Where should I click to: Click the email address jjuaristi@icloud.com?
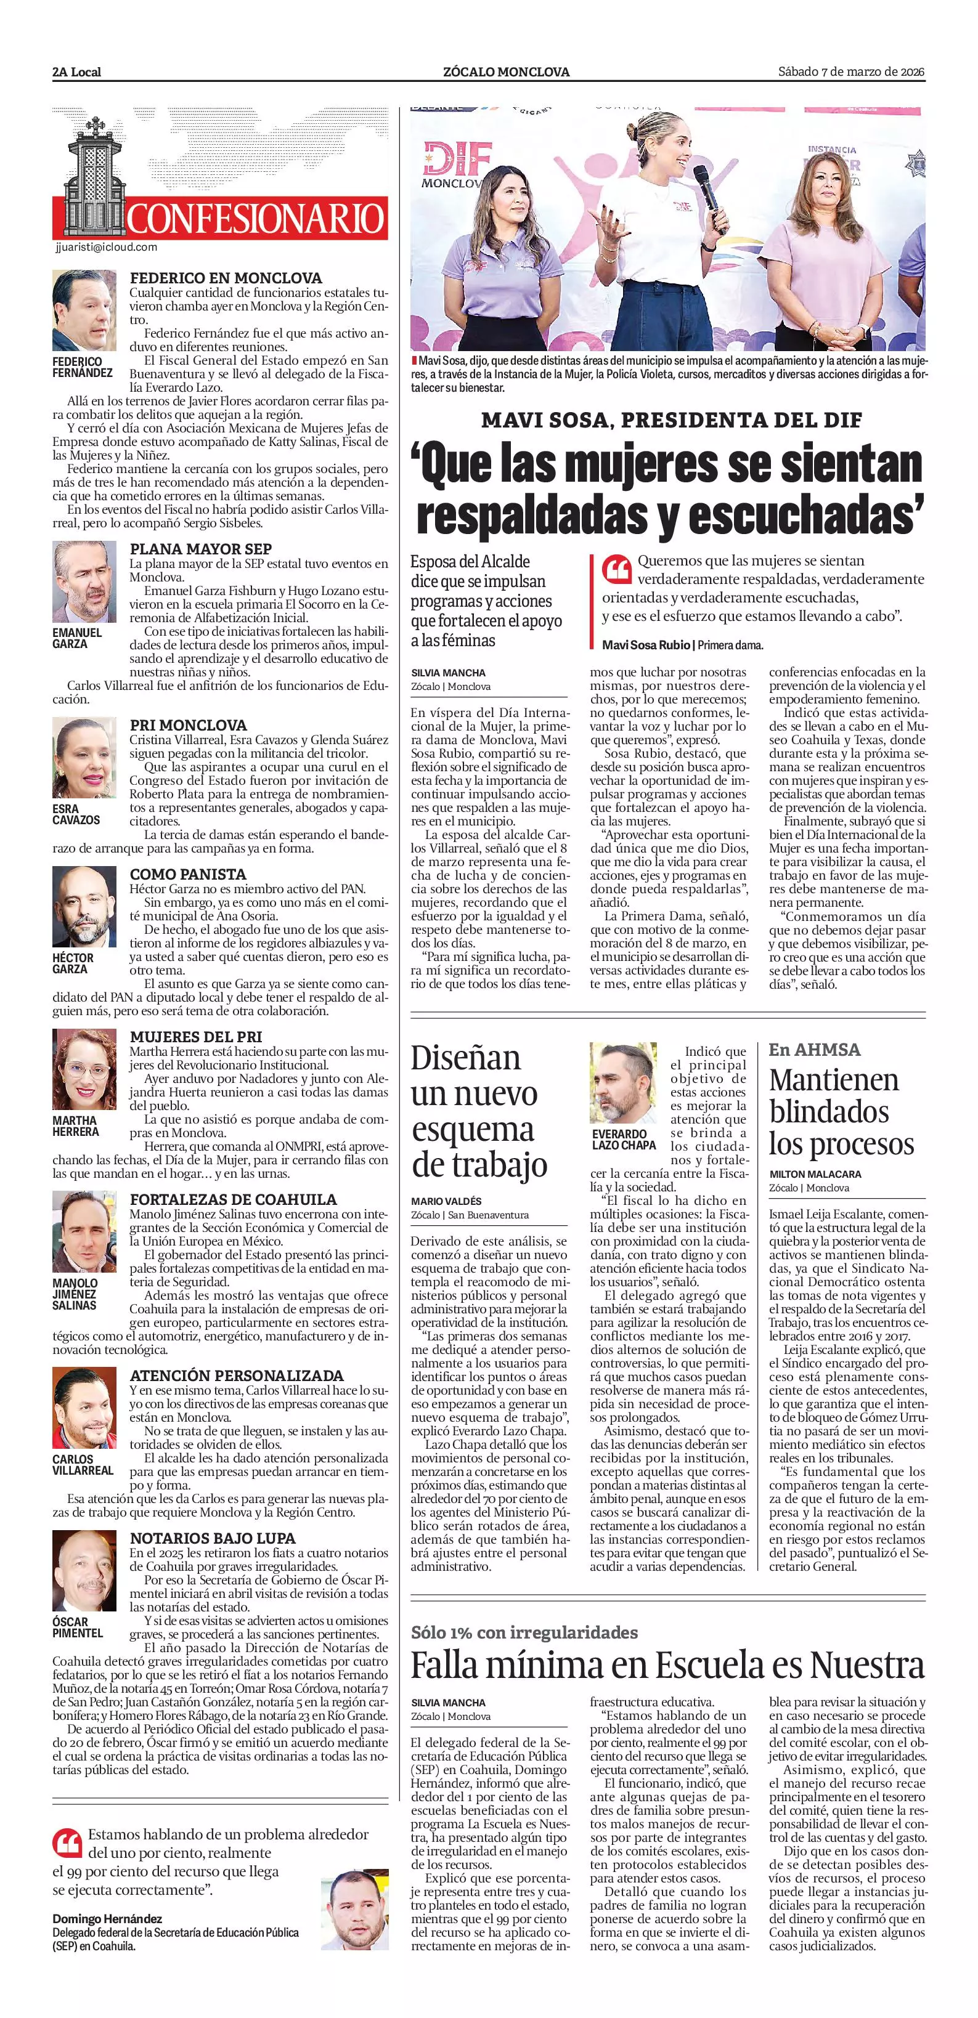(107, 247)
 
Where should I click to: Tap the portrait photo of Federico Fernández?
(84, 311)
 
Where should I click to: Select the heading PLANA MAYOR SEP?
(201, 548)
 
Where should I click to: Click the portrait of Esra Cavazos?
(84, 758)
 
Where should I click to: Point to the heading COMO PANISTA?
(188, 873)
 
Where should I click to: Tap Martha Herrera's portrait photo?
(84, 1069)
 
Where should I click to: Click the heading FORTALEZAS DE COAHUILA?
(234, 1199)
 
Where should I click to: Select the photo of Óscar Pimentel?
(84, 1571)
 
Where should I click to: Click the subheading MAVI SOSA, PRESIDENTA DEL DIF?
(672, 421)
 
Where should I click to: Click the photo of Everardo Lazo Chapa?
(623, 1084)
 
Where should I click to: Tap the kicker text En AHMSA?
(814, 1050)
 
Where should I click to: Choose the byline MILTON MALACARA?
(815, 1173)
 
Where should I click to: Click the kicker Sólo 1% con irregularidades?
(524, 1632)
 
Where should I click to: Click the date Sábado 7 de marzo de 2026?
(851, 71)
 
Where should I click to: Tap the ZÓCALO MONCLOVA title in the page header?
(506, 72)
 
